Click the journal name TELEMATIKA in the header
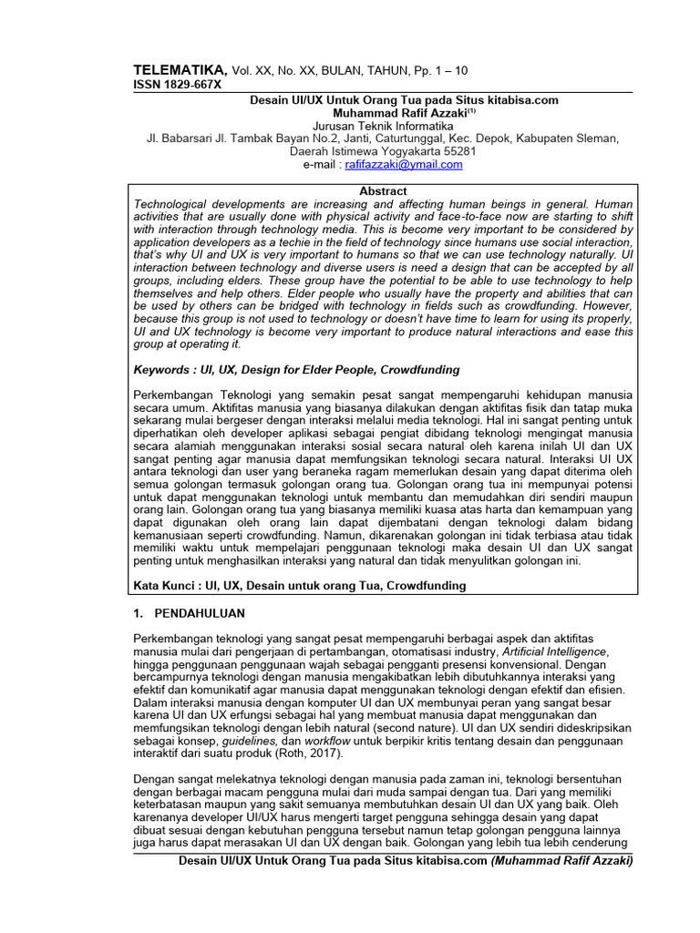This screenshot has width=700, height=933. click(x=180, y=70)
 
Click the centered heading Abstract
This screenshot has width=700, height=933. click(x=384, y=191)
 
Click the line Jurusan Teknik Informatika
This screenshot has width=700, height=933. click(x=383, y=125)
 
